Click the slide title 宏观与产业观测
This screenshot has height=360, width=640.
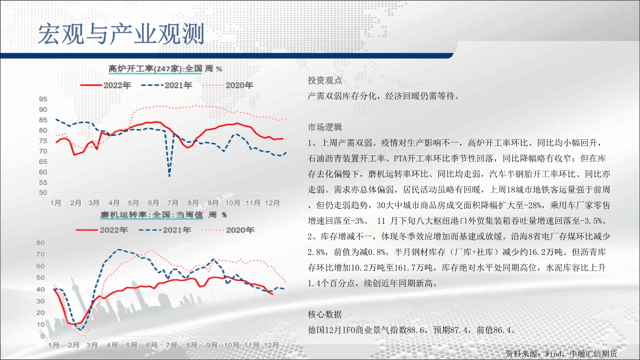(x=121, y=34)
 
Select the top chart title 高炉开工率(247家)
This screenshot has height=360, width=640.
(x=145, y=69)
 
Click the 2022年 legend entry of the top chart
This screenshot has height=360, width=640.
(x=106, y=85)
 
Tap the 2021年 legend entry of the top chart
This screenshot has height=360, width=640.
(x=167, y=85)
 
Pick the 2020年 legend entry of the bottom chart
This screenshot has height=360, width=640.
(x=228, y=230)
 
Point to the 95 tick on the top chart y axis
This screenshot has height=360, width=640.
(x=43, y=99)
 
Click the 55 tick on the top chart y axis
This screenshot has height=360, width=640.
(x=43, y=182)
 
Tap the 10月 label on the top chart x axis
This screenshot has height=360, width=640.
(x=232, y=203)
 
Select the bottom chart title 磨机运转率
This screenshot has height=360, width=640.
(x=123, y=215)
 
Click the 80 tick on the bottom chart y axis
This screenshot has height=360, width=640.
(x=41, y=243)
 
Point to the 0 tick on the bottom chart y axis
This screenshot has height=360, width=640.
(x=43, y=336)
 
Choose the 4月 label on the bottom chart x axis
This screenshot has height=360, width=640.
(x=112, y=345)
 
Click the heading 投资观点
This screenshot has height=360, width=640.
(x=325, y=81)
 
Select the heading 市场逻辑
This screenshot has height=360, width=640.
(x=325, y=127)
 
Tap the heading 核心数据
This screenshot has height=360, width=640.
(x=325, y=314)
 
